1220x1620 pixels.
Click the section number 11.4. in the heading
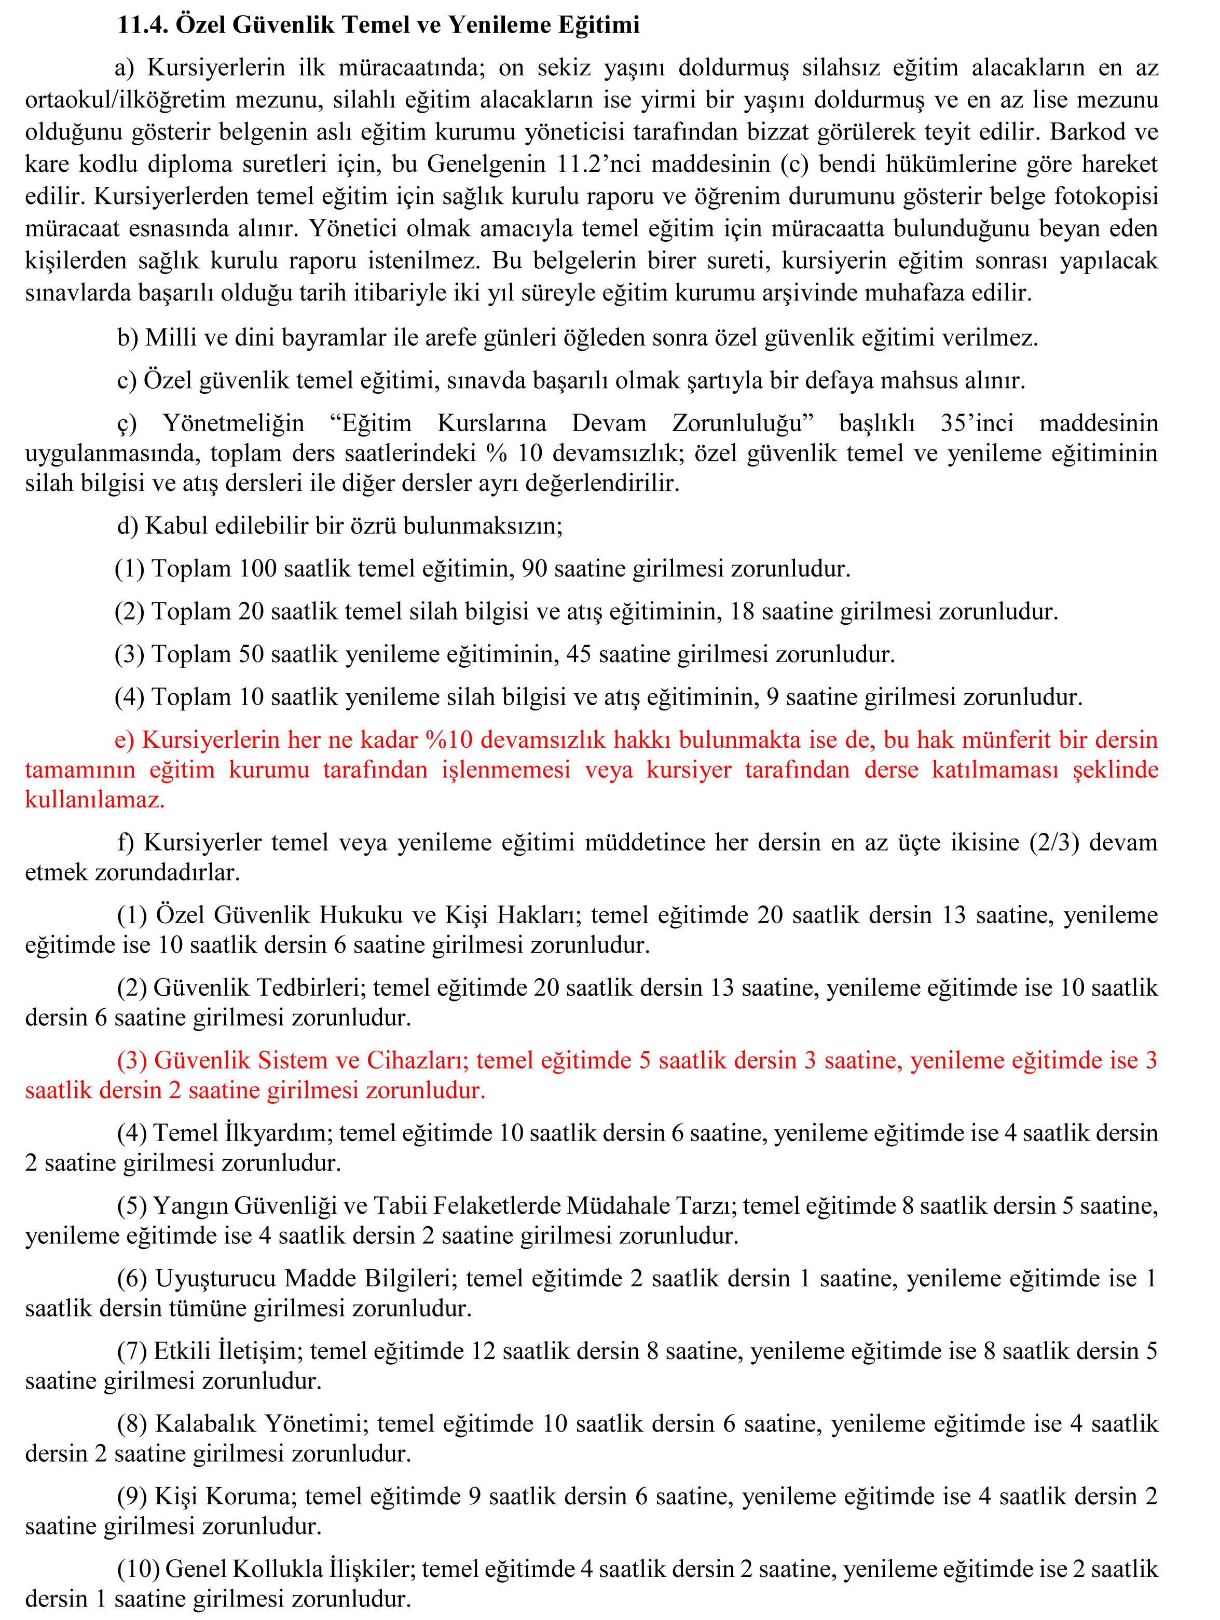pos(143,25)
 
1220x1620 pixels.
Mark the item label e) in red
pos(125,740)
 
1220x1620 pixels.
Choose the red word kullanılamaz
pos(94,800)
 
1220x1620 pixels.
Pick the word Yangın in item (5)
pos(187,1205)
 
